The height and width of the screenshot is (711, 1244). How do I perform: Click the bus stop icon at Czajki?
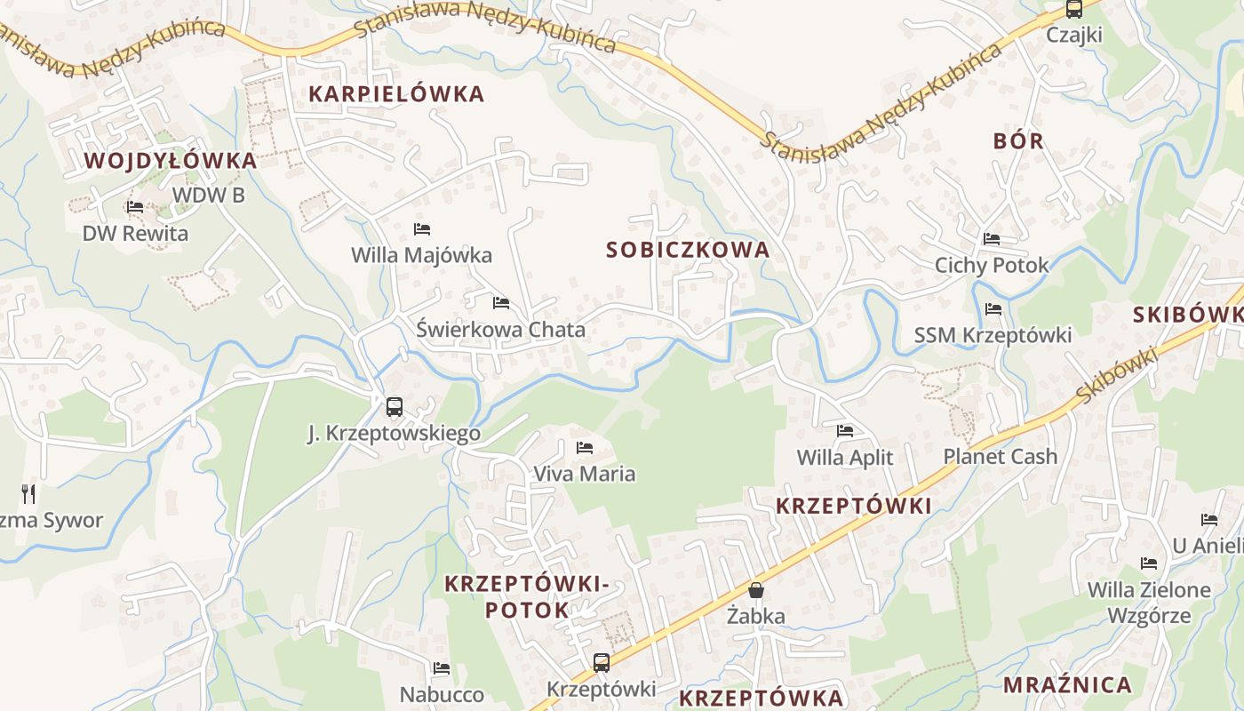1073,10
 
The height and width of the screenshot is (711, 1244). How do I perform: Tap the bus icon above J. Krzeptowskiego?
395,407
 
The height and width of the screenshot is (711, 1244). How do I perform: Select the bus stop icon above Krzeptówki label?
602,662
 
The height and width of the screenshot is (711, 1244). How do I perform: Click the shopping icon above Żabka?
756,590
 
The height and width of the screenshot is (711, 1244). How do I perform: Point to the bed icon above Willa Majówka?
422,229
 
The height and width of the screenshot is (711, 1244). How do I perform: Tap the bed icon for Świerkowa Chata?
501,303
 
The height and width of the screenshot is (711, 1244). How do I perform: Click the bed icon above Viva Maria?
585,447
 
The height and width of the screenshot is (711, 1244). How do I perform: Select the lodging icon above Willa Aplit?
845,431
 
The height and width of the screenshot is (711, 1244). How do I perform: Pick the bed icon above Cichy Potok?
992,238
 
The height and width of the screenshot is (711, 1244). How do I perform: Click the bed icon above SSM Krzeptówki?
993,309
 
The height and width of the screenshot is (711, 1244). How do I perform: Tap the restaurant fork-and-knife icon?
28,493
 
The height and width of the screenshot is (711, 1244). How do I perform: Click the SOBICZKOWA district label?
688,250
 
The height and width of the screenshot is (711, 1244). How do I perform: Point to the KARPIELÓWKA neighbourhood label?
396,94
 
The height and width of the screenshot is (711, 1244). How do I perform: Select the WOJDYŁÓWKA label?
171,161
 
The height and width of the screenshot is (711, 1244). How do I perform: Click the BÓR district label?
1018,140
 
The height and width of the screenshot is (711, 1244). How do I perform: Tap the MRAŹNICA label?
1067,685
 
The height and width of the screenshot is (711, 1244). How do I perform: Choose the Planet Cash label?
1001,457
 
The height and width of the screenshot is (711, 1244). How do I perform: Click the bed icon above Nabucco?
442,668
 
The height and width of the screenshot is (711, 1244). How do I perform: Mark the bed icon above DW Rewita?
135,207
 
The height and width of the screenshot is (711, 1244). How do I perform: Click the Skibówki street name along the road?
1118,374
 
